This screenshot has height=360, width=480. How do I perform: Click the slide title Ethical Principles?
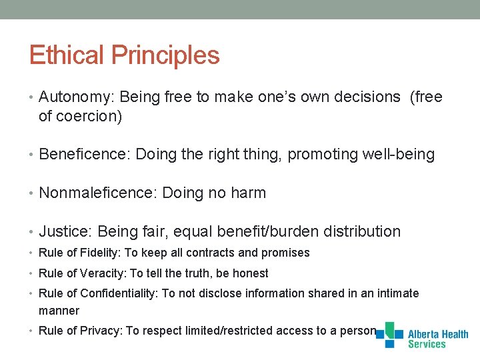click(x=124, y=55)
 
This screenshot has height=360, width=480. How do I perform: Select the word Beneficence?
click(x=85, y=155)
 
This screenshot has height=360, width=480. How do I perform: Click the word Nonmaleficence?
click(x=98, y=193)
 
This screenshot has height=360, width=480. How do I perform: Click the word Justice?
click(x=65, y=232)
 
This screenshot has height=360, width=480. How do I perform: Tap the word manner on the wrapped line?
click(x=59, y=311)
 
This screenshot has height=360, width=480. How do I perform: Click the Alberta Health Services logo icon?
click(x=390, y=335)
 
